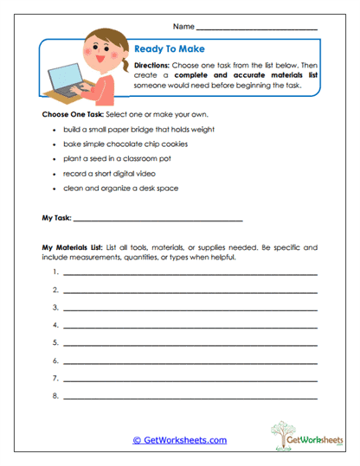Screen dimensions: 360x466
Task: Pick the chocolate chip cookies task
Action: tap(132, 144)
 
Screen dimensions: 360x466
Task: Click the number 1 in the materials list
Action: tap(55, 271)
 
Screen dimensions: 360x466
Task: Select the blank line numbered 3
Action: tap(190, 308)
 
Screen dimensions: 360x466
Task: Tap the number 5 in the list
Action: tap(55, 342)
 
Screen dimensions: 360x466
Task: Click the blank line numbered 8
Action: tap(190, 397)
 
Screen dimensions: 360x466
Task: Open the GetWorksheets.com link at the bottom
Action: tap(180, 440)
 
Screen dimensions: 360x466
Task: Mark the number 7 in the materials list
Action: tap(55, 379)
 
